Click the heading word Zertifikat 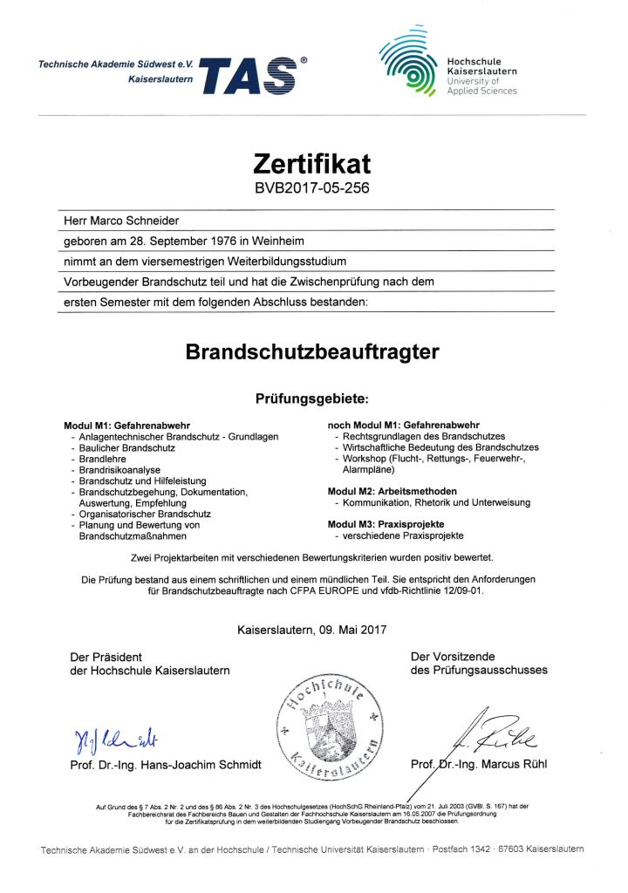312,163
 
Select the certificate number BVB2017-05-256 312,187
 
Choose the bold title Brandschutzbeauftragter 312,352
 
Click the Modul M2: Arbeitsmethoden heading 392,491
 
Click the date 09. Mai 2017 349,629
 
